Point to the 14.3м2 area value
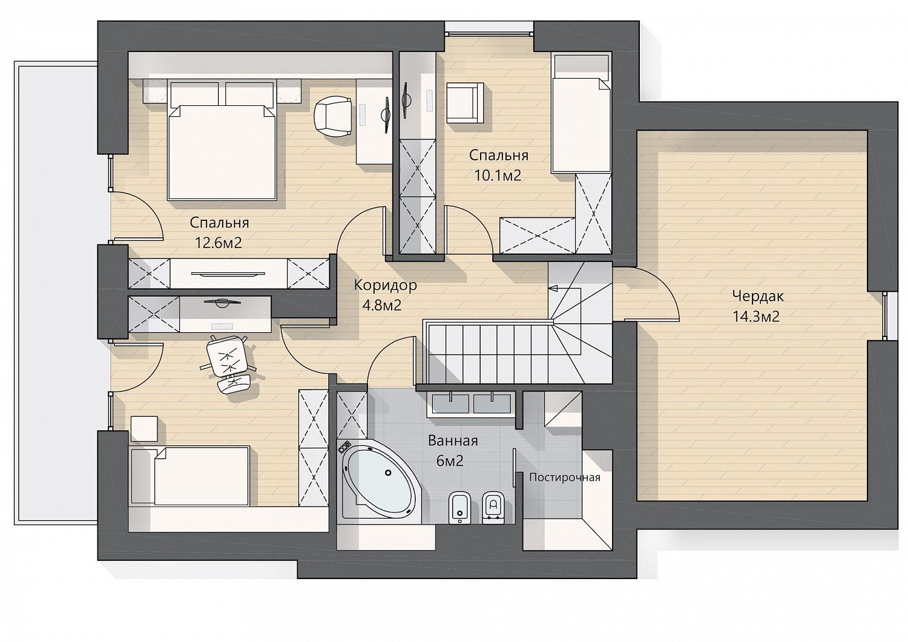click(757, 316)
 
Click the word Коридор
click(385, 285)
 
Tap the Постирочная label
click(564, 477)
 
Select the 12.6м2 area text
click(219, 243)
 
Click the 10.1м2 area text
click(498, 175)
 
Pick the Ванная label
click(453, 441)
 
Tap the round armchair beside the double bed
click(333, 116)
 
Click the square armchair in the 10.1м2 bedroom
click(465, 103)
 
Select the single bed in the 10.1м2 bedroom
click(581, 114)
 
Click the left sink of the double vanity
click(450, 403)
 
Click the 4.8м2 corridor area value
click(381, 305)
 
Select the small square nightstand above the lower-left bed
click(144, 428)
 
